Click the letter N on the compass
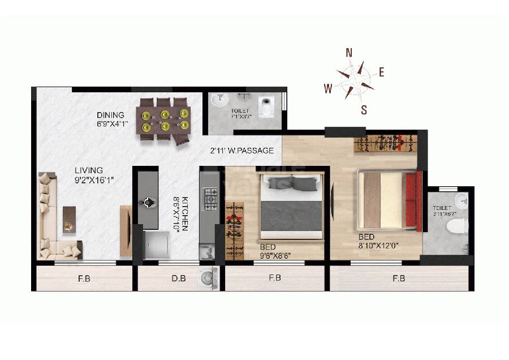pyautogui.click(x=350, y=53)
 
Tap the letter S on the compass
pyautogui.click(x=364, y=110)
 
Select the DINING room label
pyautogui.click(x=110, y=115)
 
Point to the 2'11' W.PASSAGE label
pyautogui.click(x=241, y=151)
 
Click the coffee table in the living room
pyautogui.click(x=69, y=218)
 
